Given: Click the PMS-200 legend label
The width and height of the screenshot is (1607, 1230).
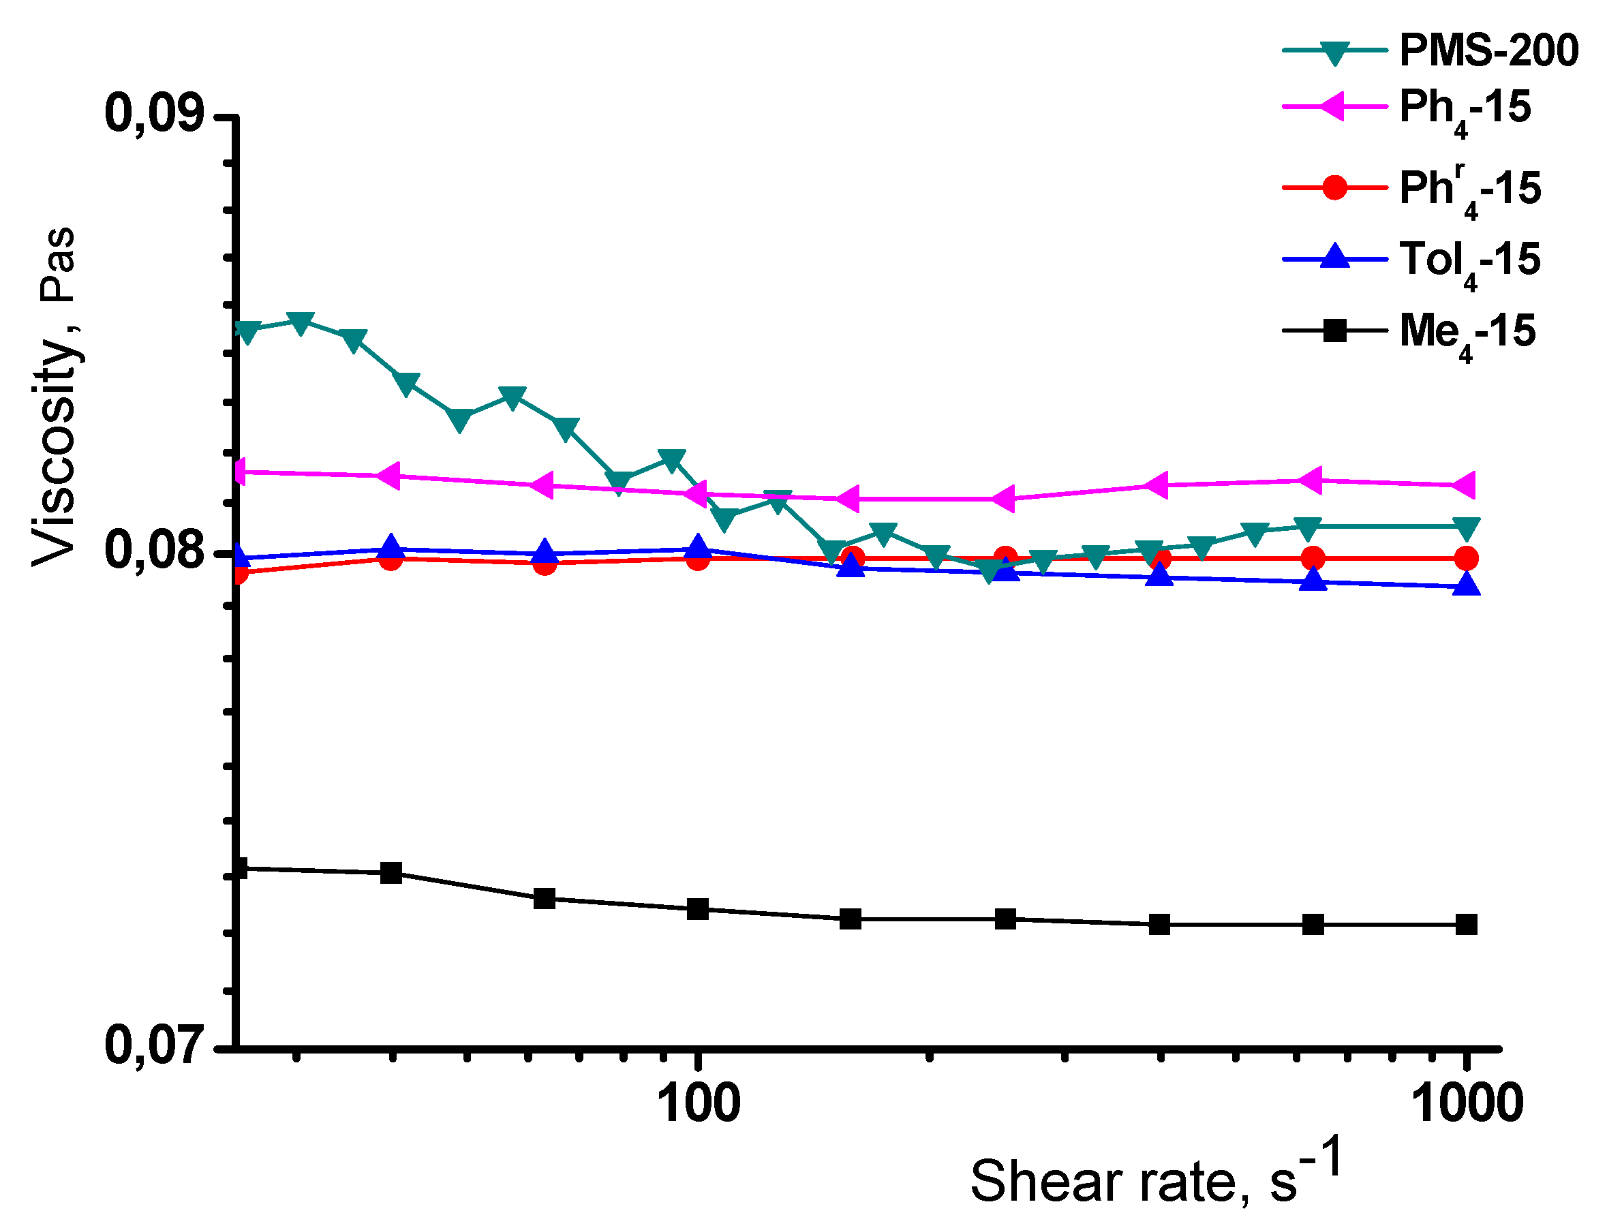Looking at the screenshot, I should click(x=1488, y=50).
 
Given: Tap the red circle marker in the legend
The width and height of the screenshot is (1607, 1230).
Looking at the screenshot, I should click(x=1334, y=187).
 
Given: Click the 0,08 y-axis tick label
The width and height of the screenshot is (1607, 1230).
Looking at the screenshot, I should click(x=154, y=550).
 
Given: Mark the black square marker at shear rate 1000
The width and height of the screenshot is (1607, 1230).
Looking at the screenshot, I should click(x=1466, y=925).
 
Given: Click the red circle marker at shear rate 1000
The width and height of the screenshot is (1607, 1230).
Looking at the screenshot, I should click(x=1466, y=559).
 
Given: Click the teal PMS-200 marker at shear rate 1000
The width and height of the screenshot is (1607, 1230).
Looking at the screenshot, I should click(x=1466, y=528).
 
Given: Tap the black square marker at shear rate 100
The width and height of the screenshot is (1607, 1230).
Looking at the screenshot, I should click(x=699, y=909).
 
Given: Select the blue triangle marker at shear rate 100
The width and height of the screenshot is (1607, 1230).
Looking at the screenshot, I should click(x=699, y=547).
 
